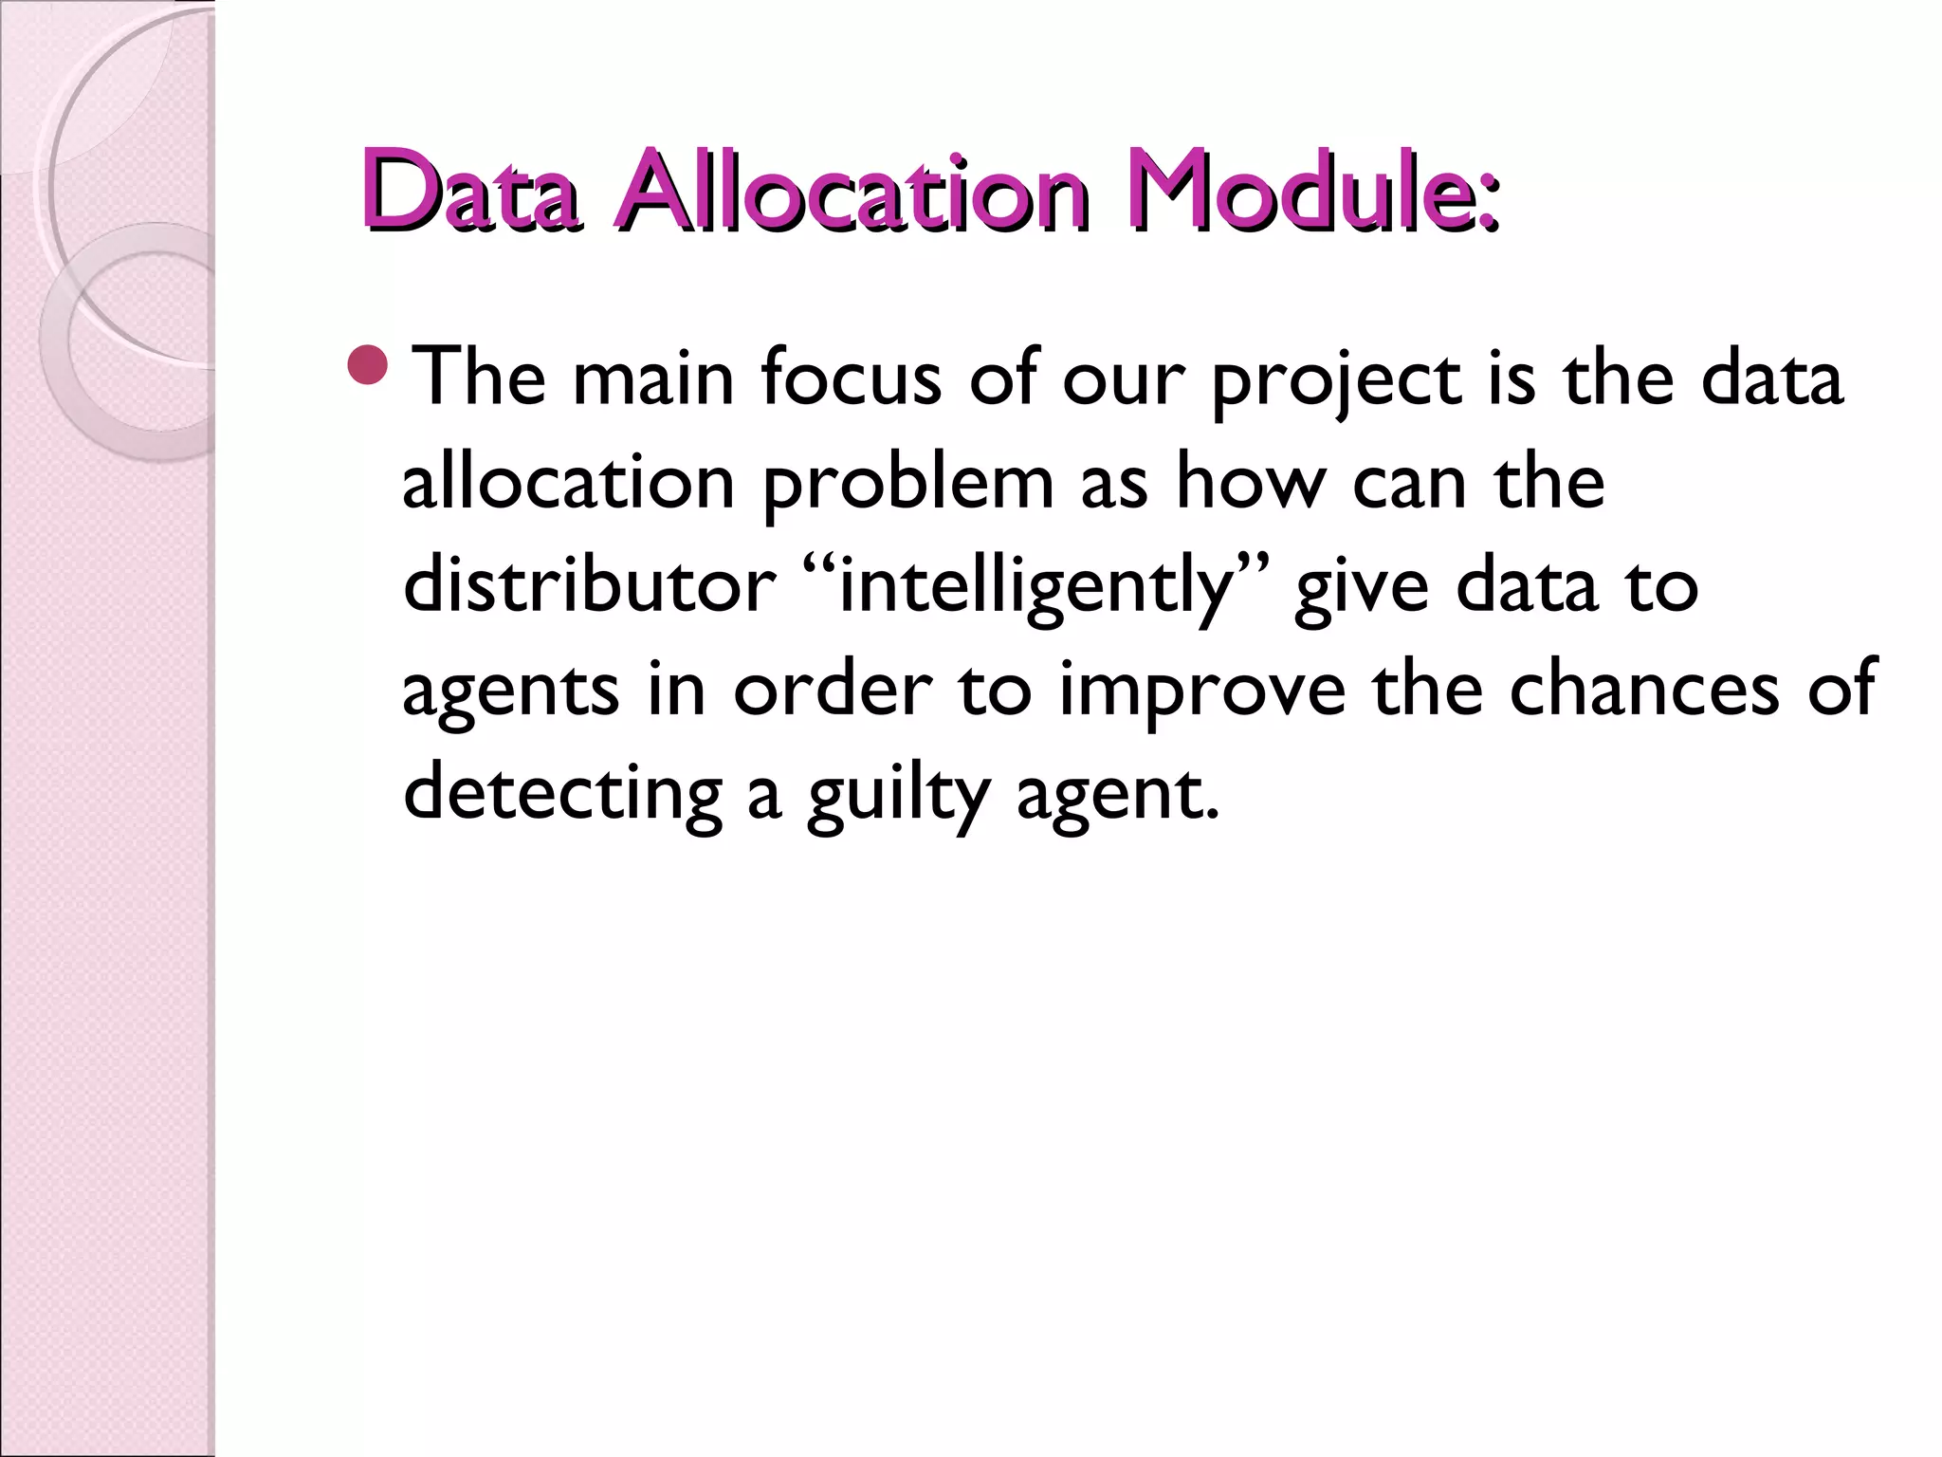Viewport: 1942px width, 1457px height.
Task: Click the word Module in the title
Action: click(x=1294, y=192)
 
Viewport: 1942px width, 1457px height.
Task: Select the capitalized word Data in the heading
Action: click(x=469, y=192)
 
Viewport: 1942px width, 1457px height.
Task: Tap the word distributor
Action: click(x=589, y=585)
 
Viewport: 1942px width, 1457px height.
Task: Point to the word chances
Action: click(x=1644, y=690)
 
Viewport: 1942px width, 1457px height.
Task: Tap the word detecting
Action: click(x=562, y=794)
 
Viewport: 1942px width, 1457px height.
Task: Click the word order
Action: click(x=834, y=690)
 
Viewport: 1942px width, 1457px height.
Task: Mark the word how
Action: click(x=1248, y=482)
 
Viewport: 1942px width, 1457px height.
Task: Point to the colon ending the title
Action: click(x=1489, y=202)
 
